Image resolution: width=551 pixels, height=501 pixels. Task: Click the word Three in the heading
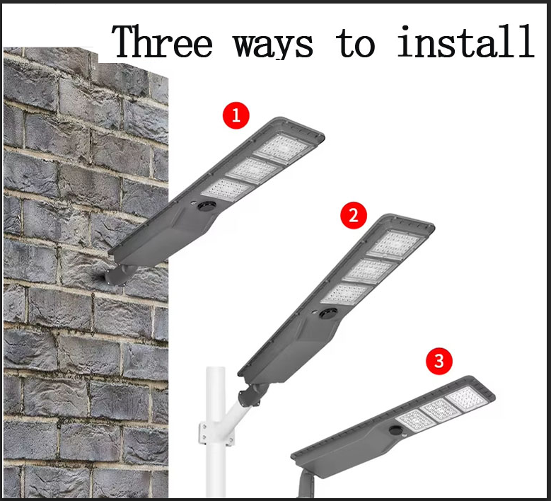162,42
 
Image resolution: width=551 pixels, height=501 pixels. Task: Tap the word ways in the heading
274,44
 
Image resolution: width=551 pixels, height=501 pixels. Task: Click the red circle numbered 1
236,115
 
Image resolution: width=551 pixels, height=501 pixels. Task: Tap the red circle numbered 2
354,216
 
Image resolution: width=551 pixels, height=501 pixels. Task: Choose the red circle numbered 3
439,362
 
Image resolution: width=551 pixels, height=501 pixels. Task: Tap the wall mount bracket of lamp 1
117,275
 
